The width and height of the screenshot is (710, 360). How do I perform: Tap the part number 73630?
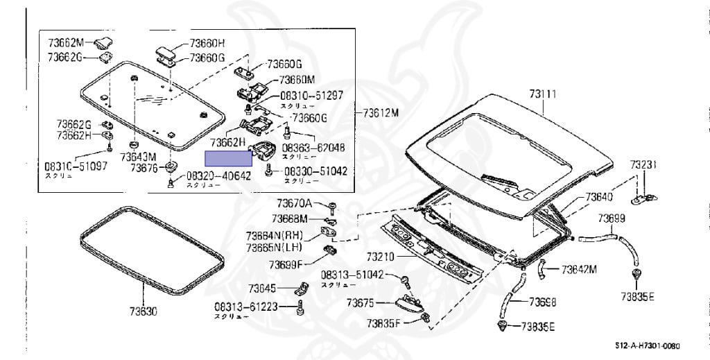point(143,311)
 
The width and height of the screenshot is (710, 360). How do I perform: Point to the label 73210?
point(380,257)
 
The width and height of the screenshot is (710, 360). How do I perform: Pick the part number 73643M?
point(138,156)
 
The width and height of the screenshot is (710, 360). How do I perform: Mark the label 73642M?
point(579,269)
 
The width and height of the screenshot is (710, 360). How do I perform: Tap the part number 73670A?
point(295,203)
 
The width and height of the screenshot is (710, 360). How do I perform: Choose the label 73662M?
point(66,42)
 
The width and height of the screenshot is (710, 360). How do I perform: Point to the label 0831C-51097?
point(76,166)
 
